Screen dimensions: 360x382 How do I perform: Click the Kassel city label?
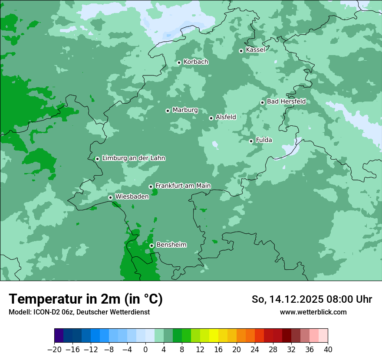click(255, 50)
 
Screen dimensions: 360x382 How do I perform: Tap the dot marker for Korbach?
click(179, 62)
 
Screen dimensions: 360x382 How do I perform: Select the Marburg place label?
click(185, 110)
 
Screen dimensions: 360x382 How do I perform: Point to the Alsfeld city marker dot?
click(211, 118)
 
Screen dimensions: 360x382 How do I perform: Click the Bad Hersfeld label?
click(286, 101)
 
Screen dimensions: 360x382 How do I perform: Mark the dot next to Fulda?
click(251, 141)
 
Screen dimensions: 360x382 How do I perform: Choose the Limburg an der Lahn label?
click(133, 158)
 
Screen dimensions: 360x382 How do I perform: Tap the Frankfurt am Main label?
click(183, 186)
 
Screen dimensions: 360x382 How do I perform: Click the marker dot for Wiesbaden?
click(111, 197)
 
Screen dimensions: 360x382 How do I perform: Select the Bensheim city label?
click(171, 245)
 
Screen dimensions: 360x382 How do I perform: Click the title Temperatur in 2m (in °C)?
click(86, 299)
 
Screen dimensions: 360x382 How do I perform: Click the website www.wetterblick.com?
click(313, 312)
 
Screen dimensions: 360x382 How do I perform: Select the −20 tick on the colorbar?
click(54, 350)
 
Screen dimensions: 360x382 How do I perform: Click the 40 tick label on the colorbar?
click(328, 350)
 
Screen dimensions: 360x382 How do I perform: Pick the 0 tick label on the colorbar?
click(145, 350)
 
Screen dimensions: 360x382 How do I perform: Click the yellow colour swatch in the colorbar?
click(214, 335)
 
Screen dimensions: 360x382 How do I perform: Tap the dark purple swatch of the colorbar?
click(59, 335)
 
